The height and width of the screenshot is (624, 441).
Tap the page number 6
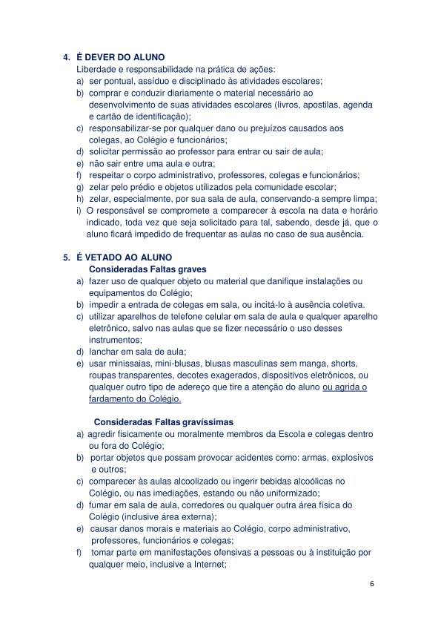point(372,585)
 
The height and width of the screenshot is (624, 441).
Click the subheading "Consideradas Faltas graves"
point(147,269)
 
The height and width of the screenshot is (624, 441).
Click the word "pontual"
point(117,80)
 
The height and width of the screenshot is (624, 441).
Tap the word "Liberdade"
point(87,68)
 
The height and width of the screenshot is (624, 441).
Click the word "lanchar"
point(105,351)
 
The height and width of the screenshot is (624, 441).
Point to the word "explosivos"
point(349,457)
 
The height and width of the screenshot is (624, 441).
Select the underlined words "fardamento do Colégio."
point(135,398)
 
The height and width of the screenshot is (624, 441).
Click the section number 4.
point(66,57)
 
